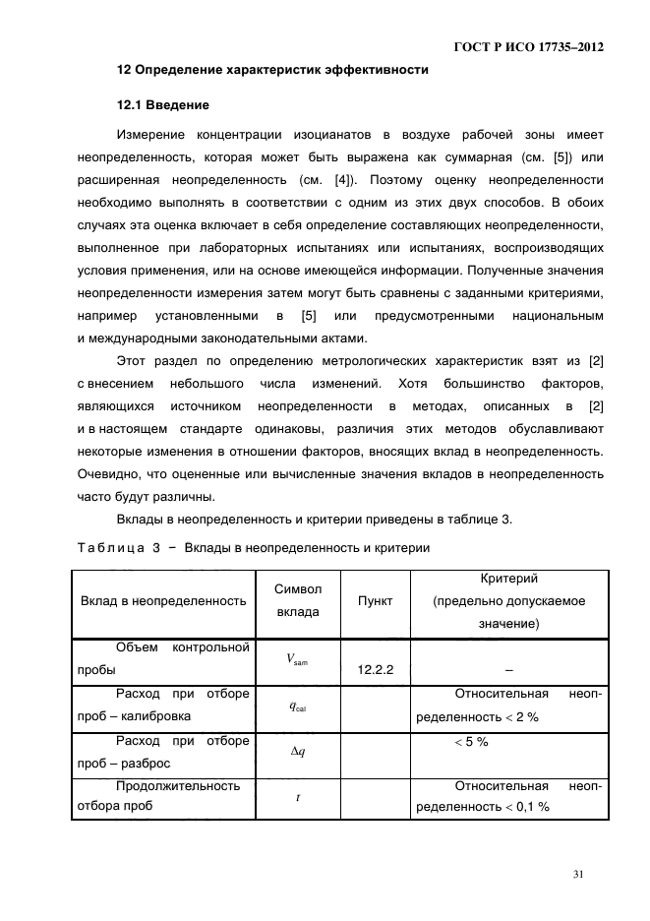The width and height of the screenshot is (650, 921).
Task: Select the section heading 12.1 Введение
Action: pos(162,103)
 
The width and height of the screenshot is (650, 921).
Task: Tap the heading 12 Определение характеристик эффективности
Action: pos(272,70)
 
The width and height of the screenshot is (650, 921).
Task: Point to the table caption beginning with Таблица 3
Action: pos(252,549)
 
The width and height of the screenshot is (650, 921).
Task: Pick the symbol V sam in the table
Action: pos(297,660)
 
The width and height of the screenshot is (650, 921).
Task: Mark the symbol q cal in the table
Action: pos(297,706)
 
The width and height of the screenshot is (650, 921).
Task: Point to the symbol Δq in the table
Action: pos(297,751)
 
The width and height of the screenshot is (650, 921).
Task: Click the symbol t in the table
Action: pos(297,797)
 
